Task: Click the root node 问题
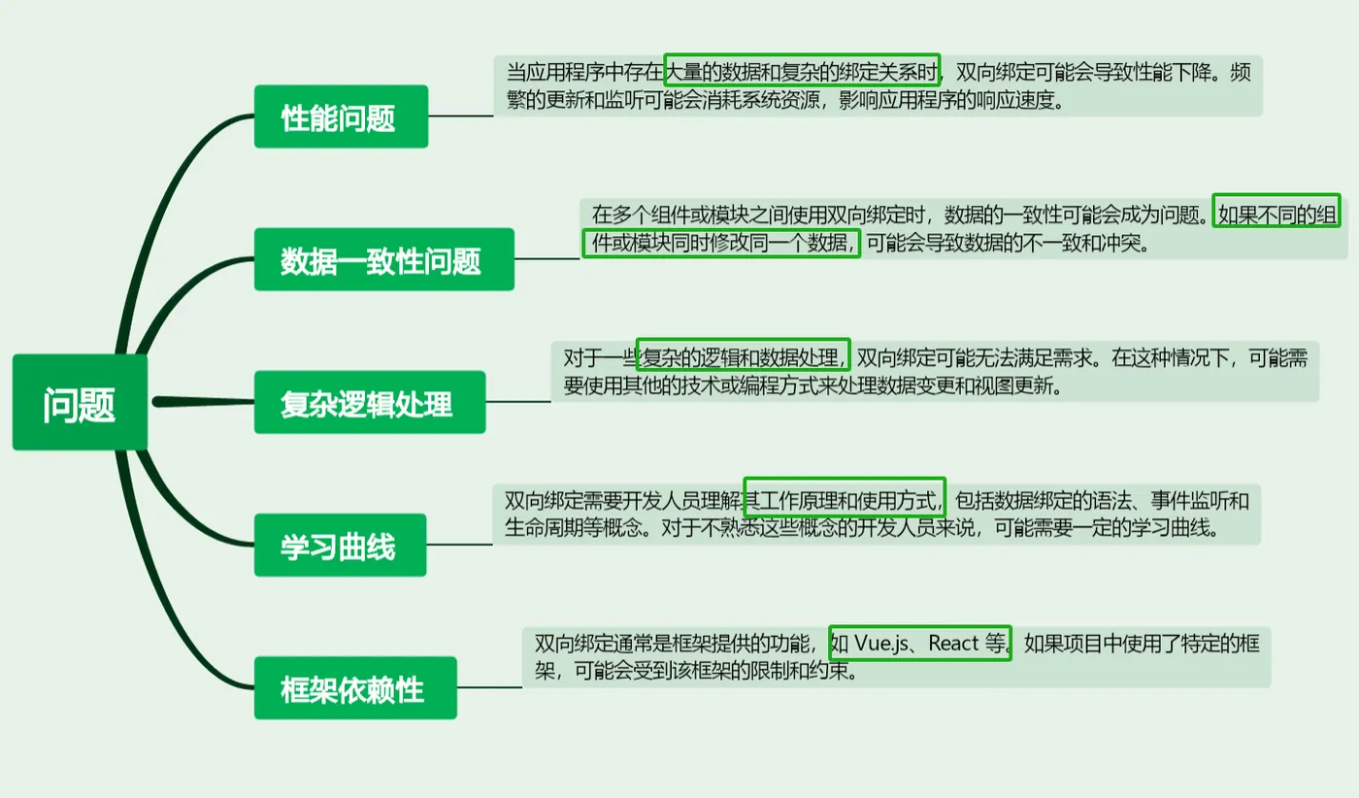click(x=80, y=403)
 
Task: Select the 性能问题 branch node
click(x=341, y=116)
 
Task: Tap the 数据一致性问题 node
click(x=383, y=259)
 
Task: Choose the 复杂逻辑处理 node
click(x=369, y=402)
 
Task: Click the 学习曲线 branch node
click(x=340, y=546)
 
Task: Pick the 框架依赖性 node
click(x=354, y=688)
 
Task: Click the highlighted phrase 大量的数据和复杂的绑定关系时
click(x=803, y=71)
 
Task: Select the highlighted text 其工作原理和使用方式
click(x=844, y=500)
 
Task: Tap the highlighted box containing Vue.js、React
click(x=920, y=643)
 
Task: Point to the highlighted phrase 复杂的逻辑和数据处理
click(x=743, y=356)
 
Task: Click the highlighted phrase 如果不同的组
click(x=1276, y=214)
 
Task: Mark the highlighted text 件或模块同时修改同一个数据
click(x=721, y=243)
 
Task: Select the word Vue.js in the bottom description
click(x=880, y=643)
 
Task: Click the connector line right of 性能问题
click(x=461, y=116)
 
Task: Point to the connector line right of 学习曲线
click(x=459, y=545)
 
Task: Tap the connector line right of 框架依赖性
click(x=489, y=688)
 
